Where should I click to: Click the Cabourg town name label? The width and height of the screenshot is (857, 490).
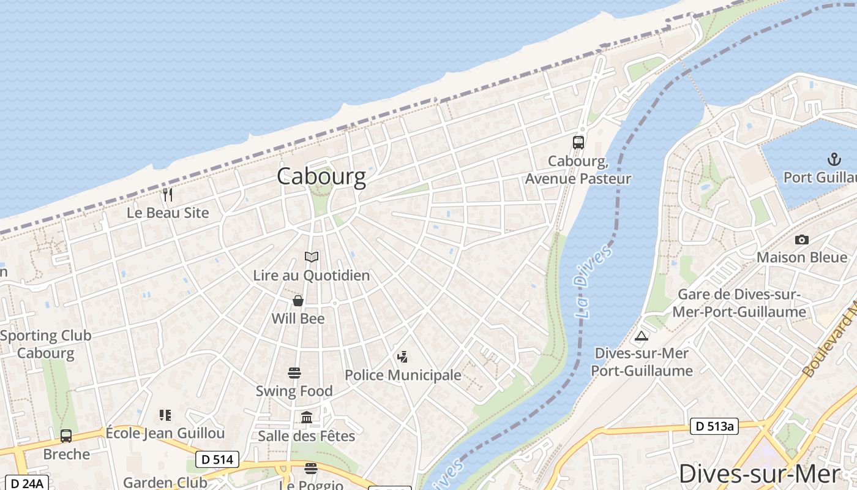pos(321,176)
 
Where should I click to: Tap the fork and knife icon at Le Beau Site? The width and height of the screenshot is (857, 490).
pos(168,195)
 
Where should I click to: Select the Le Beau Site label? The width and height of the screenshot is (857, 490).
pos(168,213)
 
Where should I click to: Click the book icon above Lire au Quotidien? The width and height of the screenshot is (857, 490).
pos(312,257)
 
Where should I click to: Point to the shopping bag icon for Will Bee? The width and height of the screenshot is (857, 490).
pos(298,301)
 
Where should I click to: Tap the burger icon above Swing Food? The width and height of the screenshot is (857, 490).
pos(294,373)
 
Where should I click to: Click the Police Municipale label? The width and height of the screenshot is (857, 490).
pos(403,375)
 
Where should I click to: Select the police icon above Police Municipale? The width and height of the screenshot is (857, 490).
pos(403,357)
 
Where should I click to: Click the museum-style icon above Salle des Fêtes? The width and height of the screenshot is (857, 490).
pos(307,418)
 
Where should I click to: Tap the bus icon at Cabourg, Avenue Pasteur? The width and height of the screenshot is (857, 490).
pos(578,143)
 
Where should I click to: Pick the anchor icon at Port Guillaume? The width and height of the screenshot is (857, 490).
pos(834,160)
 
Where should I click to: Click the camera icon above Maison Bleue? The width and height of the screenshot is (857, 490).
pos(801,239)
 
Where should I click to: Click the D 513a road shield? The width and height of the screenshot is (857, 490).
pos(714,426)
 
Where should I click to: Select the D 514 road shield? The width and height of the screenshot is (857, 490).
pos(217,459)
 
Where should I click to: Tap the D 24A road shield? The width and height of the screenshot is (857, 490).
pos(28,483)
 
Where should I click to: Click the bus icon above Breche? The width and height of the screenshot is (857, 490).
pos(66,436)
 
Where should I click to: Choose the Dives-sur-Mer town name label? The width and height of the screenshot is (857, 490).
pos(759,475)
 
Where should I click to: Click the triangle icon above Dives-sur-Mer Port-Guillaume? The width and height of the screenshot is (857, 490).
pos(642,336)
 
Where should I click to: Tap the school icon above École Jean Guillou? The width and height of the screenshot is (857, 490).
pos(165,415)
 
